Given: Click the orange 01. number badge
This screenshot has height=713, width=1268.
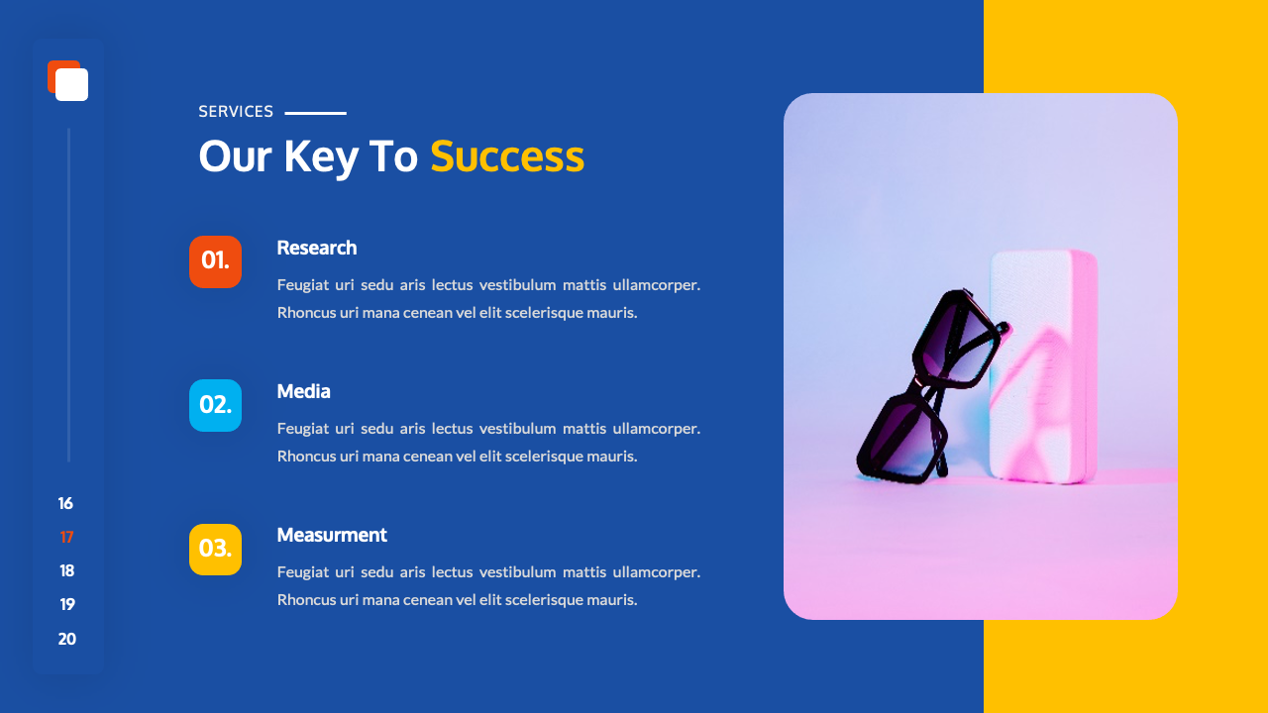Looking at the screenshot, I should point(215,261).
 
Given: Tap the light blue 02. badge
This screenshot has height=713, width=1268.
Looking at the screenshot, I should point(215,405).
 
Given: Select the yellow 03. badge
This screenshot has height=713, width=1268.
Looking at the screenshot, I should point(215,549).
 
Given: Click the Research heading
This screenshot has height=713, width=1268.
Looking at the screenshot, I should point(316,248).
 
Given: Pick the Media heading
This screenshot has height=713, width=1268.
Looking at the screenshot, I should point(303,391).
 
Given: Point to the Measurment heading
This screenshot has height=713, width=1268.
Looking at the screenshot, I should point(331,535).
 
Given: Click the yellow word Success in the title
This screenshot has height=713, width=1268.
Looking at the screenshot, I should point(506,156).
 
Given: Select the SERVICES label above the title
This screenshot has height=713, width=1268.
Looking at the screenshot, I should point(236,112).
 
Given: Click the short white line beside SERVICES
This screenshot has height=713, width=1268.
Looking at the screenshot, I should point(315,113).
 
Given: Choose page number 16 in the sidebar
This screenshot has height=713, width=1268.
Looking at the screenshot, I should point(65,503).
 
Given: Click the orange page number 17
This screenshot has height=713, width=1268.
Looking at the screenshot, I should point(66,537).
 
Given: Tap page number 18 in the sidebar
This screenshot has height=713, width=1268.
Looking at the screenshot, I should point(66,570).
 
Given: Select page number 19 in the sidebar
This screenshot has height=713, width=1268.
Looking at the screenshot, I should point(66,604).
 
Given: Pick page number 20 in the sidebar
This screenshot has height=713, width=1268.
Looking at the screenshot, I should point(66,639).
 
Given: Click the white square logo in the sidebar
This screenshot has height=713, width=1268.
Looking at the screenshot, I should point(71,85).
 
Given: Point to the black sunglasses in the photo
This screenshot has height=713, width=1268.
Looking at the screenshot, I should point(926,386).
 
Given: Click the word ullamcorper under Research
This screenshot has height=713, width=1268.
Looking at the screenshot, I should point(656,285).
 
